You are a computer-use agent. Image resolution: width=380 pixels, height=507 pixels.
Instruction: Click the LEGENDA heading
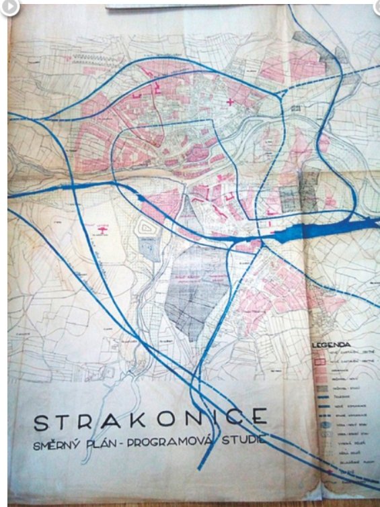(x=332, y=344)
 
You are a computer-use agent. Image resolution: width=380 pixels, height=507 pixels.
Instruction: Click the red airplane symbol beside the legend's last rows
(x=330, y=472)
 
